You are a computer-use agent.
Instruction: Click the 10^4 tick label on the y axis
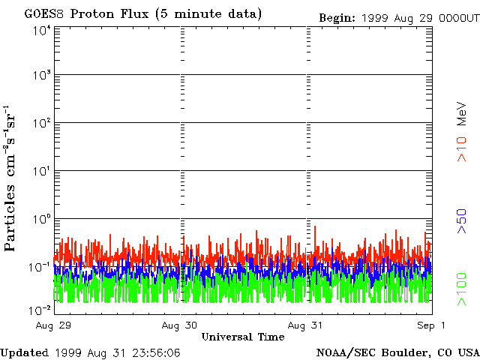(x=40, y=30)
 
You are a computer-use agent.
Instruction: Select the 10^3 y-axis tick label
(x=40, y=76)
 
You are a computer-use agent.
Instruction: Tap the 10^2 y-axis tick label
(x=40, y=124)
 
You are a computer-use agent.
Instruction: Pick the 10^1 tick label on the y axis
(x=40, y=172)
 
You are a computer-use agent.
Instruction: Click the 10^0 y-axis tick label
(x=40, y=220)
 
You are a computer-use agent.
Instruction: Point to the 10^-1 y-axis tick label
(x=39, y=268)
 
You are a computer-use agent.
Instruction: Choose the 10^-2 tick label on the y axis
(x=39, y=310)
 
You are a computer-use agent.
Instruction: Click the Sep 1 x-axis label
(x=432, y=325)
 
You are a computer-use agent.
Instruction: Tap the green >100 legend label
(x=463, y=288)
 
